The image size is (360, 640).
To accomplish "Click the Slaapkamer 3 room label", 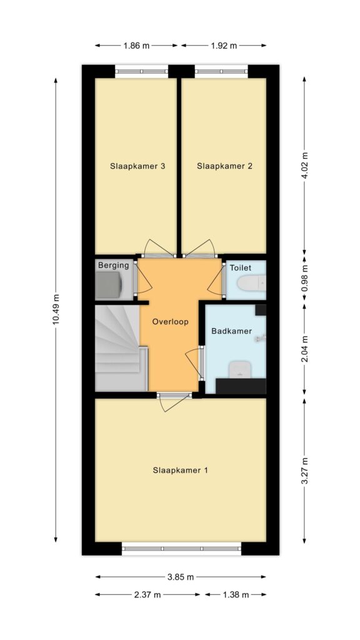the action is (x=137, y=166).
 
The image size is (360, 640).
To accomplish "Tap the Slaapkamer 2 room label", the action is (x=224, y=166).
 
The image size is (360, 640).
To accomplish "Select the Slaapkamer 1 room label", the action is (x=181, y=470).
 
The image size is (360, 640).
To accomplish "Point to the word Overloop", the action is (x=170, y=322).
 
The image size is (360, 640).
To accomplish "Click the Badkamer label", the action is (x=231, y=331).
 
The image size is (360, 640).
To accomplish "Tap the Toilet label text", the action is (x=241, y=268).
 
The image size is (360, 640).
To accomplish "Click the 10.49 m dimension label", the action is (x=56, y=309).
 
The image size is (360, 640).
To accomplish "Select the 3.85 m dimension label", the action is (x=181, y=577).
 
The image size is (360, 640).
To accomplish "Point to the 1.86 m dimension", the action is (x=136, y=46).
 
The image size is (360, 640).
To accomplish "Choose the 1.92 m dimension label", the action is (x=224, y=46).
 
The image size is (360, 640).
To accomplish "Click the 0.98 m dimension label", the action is (x=304, y=279).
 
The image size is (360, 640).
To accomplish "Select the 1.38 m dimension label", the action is (x=236, y=595).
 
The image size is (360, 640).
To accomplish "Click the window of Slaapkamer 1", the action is (x=182, y=549).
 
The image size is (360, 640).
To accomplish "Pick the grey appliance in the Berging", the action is (x=108, y=285).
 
